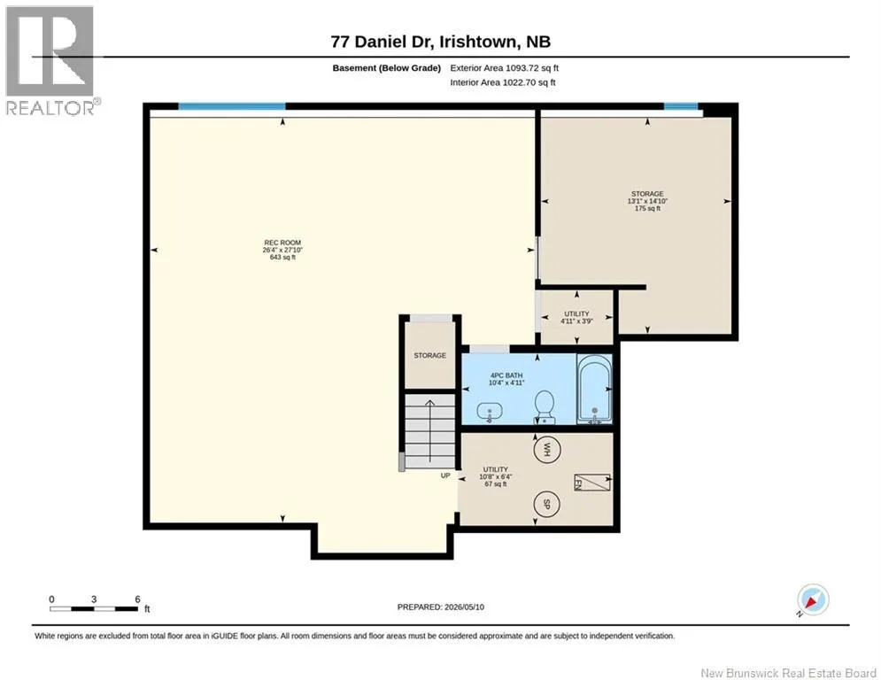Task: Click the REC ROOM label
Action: (x=282, y=243)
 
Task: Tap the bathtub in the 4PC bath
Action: (x=594, y=390)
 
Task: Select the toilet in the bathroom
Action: (x=544, y=407)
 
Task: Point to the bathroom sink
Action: (x=490, y=412)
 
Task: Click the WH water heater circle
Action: (x=545, y=449)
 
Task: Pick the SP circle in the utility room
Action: (x=546, y=505)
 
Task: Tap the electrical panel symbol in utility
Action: (x=592, y=483)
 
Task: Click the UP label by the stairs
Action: (x=445, y=475)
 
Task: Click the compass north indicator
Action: (x=812, y=599)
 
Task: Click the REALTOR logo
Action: (x=51, y=61)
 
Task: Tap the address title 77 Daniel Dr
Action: (x=441, y=42)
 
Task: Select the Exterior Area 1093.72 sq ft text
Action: (x=504, y=68)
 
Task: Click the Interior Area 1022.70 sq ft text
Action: (x=503, y=82)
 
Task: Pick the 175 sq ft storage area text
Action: (x=647, y=208)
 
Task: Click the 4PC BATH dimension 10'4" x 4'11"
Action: (x=506, y=382)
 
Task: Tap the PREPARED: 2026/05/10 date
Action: (x=441, y=607)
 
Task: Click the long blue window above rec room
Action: (x=232, y=106)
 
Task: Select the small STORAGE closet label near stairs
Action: (x=429, y=356)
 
